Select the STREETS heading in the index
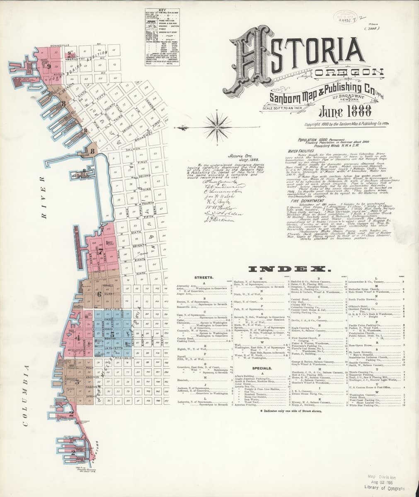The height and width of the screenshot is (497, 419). pos(203,277)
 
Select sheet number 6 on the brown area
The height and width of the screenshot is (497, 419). pos(99,294)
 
